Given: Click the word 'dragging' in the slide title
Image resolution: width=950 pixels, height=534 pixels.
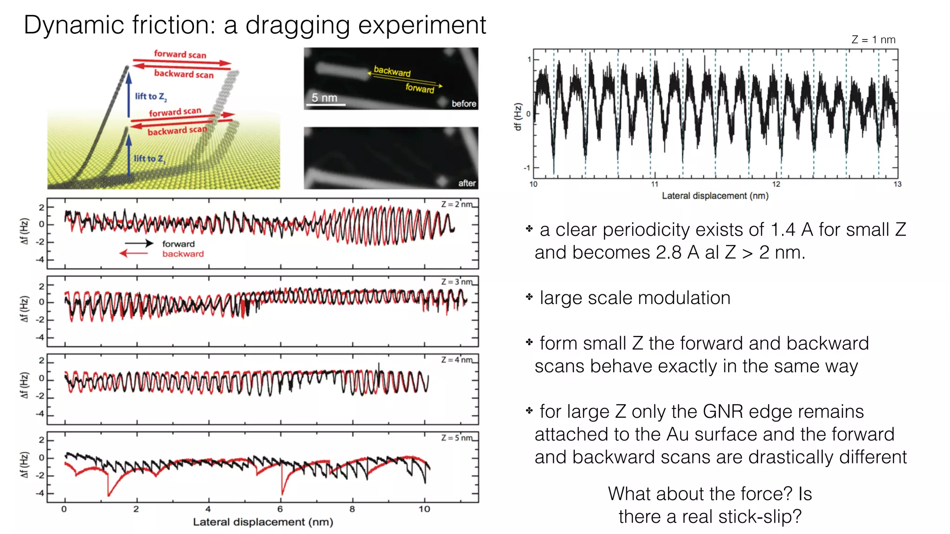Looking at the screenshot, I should tap(297, 26).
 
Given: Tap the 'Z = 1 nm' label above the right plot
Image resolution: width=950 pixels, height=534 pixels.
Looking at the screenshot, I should tap(873, 40).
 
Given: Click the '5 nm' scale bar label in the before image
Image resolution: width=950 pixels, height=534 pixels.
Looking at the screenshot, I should tap(324, 98).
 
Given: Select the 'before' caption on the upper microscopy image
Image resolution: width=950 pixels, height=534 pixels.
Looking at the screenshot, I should tap(464, 104).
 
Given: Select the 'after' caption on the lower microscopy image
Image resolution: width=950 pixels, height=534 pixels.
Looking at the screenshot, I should tap(467, 183).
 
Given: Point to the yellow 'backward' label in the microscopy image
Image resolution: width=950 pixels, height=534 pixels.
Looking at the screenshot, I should tap(392, 71).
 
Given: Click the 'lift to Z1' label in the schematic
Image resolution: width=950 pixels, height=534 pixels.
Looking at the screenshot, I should tap(149, 159).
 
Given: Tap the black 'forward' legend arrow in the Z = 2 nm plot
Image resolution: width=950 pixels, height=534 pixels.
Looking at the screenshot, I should tap(139, 243).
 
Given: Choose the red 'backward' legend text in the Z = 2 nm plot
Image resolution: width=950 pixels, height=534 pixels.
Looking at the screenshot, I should tap(183, 254).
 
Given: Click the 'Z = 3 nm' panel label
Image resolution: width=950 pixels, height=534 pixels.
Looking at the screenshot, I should tap(456, 282).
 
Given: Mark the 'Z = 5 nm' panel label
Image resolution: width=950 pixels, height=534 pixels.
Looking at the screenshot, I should tap(456, 438).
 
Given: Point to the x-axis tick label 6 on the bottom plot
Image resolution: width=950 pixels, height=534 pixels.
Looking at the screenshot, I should tap(280, 509).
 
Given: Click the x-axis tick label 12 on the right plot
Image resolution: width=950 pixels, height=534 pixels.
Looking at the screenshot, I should tap(776, 184).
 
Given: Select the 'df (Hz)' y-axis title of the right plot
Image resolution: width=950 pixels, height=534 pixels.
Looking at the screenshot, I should tap(518, 116).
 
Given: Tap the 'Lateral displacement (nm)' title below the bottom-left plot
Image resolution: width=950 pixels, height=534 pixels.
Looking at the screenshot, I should tap(263, 522).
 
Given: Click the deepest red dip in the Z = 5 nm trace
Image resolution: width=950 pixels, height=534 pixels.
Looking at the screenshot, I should tap(109, 495).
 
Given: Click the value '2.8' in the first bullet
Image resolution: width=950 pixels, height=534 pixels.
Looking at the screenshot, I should tap(668, 253).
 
